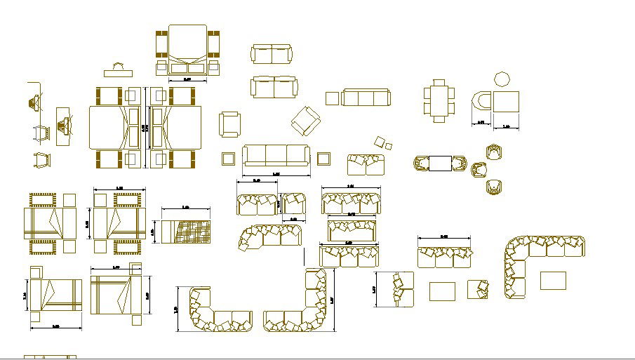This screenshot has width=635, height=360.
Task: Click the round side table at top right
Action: [503, 79]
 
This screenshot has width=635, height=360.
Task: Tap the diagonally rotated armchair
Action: [305, 121]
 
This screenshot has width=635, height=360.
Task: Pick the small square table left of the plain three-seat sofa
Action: [229, 158]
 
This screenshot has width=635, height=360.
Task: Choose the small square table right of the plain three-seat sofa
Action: [323, 158]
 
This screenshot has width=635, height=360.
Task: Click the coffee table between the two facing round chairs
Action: [441, 164]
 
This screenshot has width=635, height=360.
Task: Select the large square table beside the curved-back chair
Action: [506, 102]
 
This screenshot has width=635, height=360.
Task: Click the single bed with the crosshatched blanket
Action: [186, 232]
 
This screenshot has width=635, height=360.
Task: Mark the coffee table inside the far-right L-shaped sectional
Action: [553, 280]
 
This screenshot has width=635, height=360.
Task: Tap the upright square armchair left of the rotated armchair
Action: [229, 125]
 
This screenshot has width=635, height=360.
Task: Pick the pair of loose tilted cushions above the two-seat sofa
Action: [383, 143]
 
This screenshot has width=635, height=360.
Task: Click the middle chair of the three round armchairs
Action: [480, 169]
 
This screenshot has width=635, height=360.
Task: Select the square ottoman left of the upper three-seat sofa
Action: [332, 98]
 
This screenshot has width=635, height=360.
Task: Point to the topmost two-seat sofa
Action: [271, 54]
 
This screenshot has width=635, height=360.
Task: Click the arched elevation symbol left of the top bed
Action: [119, 71]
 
